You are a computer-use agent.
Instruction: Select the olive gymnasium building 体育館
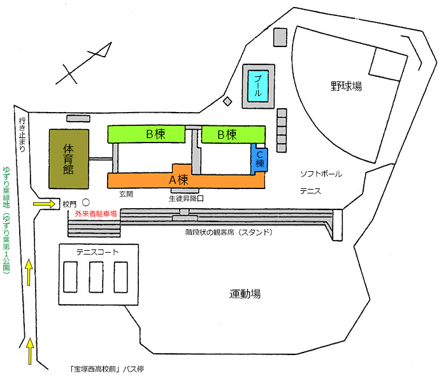coord(69,158)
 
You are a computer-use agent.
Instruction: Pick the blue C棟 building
coord(260,158)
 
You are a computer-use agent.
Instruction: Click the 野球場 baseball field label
coord(346,86)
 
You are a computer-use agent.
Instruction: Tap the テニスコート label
coord(97,252)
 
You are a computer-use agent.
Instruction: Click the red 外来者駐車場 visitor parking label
coord(96,214)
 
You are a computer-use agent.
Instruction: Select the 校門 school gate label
coord(69,204)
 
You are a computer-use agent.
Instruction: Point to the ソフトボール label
coord(321,174)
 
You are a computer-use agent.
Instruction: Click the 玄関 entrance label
coord(126,193)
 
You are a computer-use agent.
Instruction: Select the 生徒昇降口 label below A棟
coord(186,199)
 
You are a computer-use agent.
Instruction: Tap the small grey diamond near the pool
coord(227,101)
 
